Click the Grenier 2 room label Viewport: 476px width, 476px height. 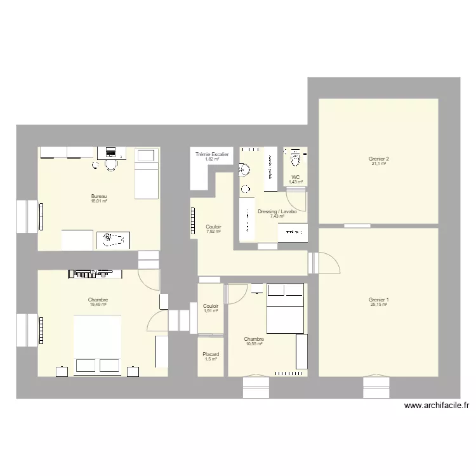coord(378,159)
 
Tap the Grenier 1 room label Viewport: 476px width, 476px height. coord(378,300)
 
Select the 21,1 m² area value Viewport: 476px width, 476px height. coord(378,164)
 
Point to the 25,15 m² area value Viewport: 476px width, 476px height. coord(378,305)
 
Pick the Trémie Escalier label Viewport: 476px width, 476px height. coord(212,154)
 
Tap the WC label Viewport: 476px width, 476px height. coord(296,177)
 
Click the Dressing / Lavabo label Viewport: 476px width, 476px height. coord(277,211)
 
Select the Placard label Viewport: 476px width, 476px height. coord(211,354)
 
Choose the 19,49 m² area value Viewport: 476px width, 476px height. coord(98,305)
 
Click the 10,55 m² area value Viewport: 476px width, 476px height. coord(254,344)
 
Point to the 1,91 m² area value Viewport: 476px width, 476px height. coord(211,311)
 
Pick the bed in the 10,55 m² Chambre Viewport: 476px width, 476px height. coord(285,311)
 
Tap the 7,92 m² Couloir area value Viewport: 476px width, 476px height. coord(213,232)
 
